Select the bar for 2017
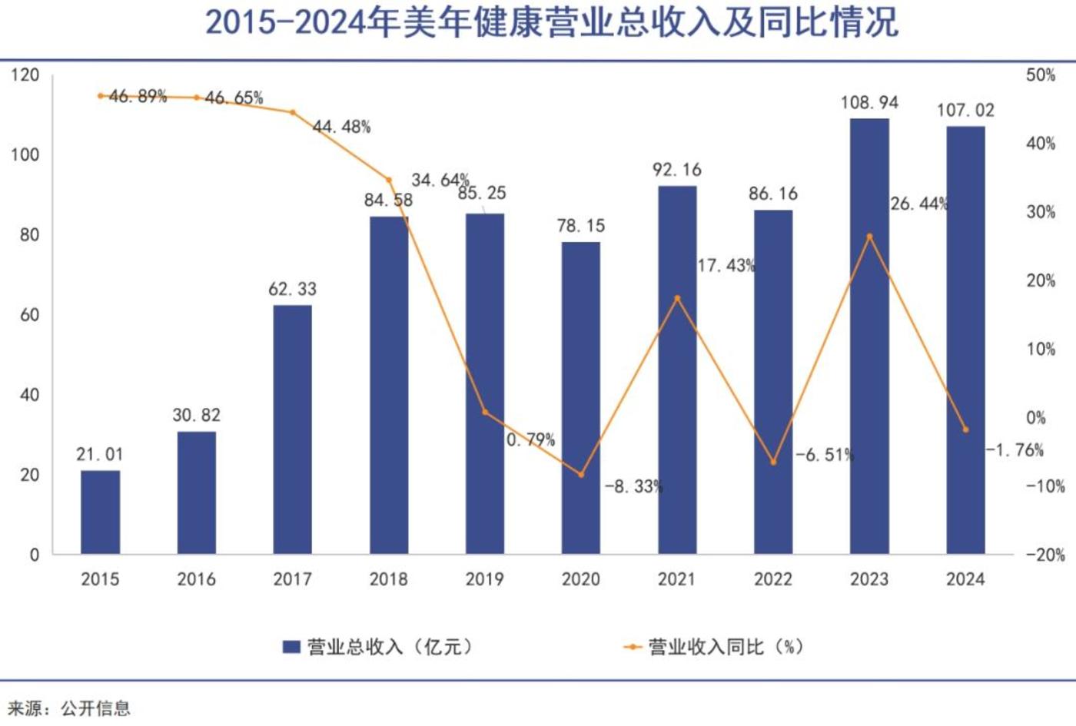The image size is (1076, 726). (292, 429)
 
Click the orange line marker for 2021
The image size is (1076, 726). (677, 298)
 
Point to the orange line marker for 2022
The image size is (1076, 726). (773, 462)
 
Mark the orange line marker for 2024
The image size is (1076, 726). (965, 429)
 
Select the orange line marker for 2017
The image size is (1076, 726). (292, 112)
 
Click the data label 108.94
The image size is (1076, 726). (869, 103)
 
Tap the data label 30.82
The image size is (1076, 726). (196, 416)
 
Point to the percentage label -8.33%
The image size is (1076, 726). (633, 486)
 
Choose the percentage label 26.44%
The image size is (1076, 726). (919, 204)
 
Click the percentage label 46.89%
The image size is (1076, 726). (138, 96)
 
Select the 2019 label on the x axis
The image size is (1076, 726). (484, 579)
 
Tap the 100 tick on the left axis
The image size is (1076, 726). (25, 155)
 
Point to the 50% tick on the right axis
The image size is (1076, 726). (1041, 75)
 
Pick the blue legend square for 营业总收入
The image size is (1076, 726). (291, 647)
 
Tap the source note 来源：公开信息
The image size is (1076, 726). (69, 708)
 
